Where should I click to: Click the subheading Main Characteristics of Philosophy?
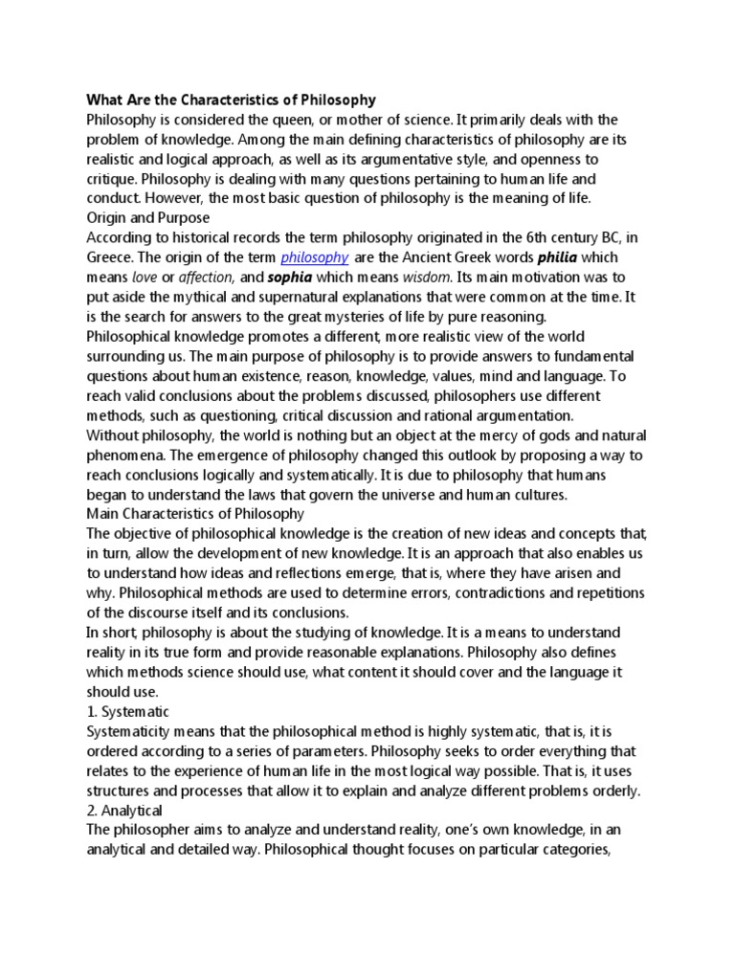181,514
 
